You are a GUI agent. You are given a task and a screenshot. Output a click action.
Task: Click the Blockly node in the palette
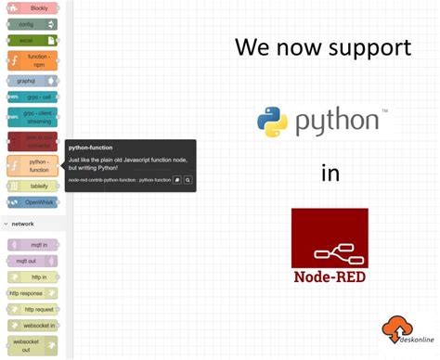pos(33,7)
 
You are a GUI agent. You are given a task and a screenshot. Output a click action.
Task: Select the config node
pos(33,24)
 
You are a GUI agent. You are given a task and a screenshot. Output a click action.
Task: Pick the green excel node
pos(33,41)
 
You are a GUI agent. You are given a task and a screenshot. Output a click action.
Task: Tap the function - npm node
pos(33,61)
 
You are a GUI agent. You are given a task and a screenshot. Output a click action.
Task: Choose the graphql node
pos(33,81)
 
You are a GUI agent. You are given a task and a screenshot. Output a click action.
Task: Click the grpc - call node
pos(33,96)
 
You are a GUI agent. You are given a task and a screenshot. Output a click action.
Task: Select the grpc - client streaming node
pos(33,118)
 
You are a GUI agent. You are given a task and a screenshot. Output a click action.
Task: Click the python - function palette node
pos(33,165)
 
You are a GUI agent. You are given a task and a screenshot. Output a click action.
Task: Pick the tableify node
pos(33,186)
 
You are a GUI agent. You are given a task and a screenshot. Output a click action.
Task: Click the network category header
pos(23,224)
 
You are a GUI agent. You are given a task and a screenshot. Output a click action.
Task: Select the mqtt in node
pos(33,244)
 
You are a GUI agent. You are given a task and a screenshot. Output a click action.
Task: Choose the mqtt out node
pos(33,261)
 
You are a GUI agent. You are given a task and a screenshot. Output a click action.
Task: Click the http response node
pos(33,293)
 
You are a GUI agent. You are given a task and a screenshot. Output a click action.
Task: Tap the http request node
pos(33,309)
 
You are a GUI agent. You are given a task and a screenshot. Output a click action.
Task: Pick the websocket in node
pos(33,326)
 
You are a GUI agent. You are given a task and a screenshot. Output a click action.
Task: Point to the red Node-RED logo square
pos(330,238)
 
